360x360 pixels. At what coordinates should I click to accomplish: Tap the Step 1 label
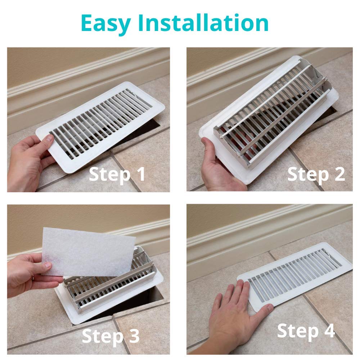[117, 174]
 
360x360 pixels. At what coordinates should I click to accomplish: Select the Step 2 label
[316, 174]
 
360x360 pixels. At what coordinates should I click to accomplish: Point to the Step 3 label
[111, 336]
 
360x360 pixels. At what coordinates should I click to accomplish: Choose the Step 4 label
[306, 330]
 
